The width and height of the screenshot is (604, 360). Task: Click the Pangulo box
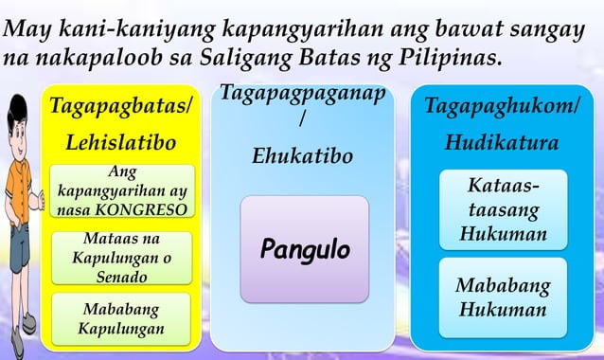pyautogui.click(x=304, y=250)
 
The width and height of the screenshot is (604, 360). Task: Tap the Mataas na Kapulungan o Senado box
pyautogui.click(x=121, y=258)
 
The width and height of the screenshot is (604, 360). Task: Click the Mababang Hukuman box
pyautogui.click(x=502, y=297)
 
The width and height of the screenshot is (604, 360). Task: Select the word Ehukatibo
pyautogui.click(x=303, y=154)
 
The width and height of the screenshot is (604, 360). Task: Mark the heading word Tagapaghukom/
pyautogui.click(x=502, y=105)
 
